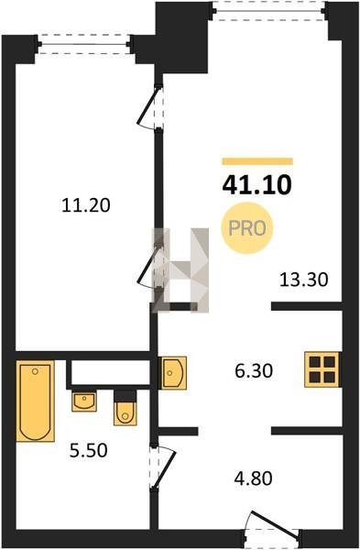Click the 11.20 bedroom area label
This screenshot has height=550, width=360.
click(x=86, y=205)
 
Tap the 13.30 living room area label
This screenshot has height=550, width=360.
click(x=304, y=280)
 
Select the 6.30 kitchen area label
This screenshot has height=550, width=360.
click(x=254, y=370)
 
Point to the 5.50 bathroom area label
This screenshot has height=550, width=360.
click(x=88, y=450)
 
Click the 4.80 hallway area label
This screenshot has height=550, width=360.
click(x=254, y=478)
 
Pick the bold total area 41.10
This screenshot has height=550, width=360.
click(x=256, y=185)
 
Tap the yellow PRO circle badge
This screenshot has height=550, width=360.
click(x=247, y=228)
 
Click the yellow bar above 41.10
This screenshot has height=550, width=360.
click(x=257, y=161)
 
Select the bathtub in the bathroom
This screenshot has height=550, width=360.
click(x=36, y=401)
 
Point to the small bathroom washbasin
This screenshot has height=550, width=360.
click(x=83, y=401)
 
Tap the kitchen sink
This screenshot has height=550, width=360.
click(x=174, y=372)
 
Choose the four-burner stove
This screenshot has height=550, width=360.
click(x=322, y=369)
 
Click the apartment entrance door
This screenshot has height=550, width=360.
click(x=272, y=531)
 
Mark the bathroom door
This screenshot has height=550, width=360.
click(x=162, y=467)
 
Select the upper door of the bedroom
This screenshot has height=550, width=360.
click(x=149, y=107)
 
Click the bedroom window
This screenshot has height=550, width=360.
click(x=84, y=44)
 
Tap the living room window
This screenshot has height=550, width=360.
click(x=269, y=10)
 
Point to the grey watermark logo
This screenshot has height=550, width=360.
click(x=180, y=269)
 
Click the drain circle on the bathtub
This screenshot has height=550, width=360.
click(x=35, y=371)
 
